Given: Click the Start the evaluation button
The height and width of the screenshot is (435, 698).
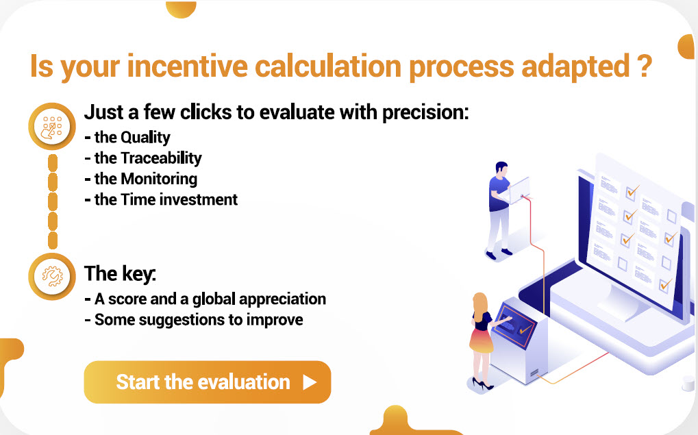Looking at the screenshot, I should click(x=207, y=382).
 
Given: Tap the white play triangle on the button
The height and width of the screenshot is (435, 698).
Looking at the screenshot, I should click(x=310, y=382).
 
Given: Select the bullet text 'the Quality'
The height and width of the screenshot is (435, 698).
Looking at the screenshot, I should click(x=132, y=137).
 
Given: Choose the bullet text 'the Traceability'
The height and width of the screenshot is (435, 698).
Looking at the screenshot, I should click(x=147, y=158).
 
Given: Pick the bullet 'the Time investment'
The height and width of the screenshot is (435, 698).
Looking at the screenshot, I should click(x=165, y=200).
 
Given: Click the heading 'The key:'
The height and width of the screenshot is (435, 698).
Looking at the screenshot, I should click(x=120, y=273).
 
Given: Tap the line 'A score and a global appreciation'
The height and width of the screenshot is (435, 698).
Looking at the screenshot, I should click(x=209, y=299).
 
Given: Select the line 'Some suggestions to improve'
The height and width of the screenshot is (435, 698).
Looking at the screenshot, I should click(x=198, y=320).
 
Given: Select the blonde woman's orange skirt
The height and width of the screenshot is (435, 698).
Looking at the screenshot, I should click(x=481, y=338).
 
